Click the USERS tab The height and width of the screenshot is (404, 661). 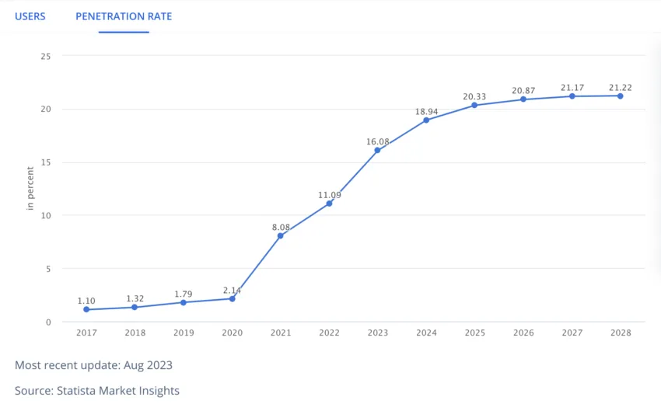point(30,16)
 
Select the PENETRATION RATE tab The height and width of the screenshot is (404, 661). point(124,16)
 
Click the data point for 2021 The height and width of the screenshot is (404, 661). point(281,235)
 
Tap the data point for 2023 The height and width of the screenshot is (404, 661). point(378,150)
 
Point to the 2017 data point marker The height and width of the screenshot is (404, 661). point(86,309)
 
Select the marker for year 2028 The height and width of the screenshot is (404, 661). point(620,96)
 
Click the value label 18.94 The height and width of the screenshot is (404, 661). point(426,112)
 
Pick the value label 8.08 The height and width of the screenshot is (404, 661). point(281,227)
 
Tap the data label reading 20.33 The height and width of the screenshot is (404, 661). point(474,97)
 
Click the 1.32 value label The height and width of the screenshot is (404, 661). point(135,298)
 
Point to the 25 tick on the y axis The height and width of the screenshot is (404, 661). point(46,56)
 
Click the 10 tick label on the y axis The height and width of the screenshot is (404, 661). point(46,215)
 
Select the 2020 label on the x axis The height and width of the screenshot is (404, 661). point(232,333)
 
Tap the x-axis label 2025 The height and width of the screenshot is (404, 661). point(474,333)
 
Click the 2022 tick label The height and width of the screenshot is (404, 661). point(329,333)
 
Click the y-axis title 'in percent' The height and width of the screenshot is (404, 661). point(30,189)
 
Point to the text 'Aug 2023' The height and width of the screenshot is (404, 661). point(148,365)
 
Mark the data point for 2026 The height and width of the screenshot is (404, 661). point(523,99)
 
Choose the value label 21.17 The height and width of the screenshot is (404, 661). point(572,88)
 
